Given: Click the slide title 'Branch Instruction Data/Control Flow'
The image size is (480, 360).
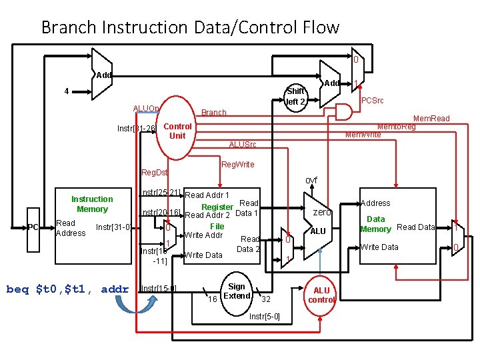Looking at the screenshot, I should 190,27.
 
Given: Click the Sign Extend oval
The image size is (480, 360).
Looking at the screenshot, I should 237,291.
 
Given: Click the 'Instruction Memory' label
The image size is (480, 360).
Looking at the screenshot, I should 92,204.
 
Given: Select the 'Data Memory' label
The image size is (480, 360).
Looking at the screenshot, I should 375,224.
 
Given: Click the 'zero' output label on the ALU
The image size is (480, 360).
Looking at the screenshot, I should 322,212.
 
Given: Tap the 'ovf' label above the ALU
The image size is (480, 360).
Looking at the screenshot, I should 311,181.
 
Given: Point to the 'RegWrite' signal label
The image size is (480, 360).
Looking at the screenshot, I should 237,164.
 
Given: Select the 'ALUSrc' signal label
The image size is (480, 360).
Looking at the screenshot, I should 242,145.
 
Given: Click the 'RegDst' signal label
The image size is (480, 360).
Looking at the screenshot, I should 155,173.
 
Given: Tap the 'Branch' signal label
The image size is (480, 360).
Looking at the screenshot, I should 214,113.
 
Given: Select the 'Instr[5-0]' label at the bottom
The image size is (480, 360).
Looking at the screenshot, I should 265,315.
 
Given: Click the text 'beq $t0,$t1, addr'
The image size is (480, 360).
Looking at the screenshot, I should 67,289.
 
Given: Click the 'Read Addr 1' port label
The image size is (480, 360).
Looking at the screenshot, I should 207,195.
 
